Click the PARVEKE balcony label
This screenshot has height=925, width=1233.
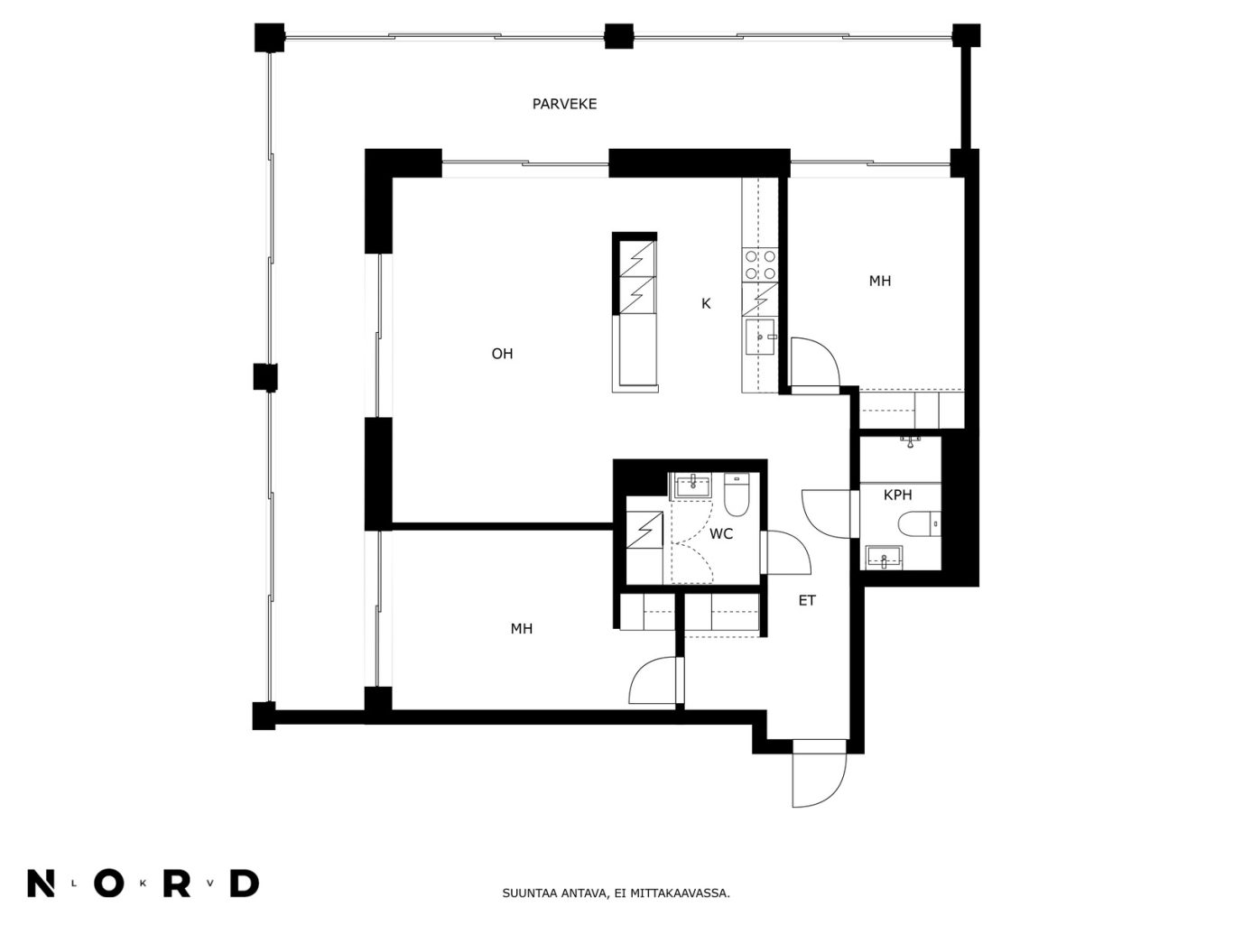coord(564,104)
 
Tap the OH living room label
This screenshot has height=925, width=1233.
coord(502,354)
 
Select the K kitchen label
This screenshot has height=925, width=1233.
coord(706,304)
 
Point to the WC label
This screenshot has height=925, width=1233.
coord(720,534)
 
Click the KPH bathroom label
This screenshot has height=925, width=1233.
coord(897,495)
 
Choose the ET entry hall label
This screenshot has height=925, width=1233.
coord(807,601)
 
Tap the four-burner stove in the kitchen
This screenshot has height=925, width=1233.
coord(759,265)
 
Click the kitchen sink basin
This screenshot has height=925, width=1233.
coord(759,338)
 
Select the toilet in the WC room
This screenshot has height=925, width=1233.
coord(736,495)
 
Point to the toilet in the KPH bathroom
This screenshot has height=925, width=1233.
coord(918,524)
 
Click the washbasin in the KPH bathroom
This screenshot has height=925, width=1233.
coord(884,557)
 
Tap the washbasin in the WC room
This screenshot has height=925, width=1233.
coord(693,486)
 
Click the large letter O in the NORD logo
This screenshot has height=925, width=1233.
coord(108,884)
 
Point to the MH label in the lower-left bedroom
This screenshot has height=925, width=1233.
coord(521,629)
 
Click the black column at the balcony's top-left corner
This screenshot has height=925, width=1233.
coord(269,38)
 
